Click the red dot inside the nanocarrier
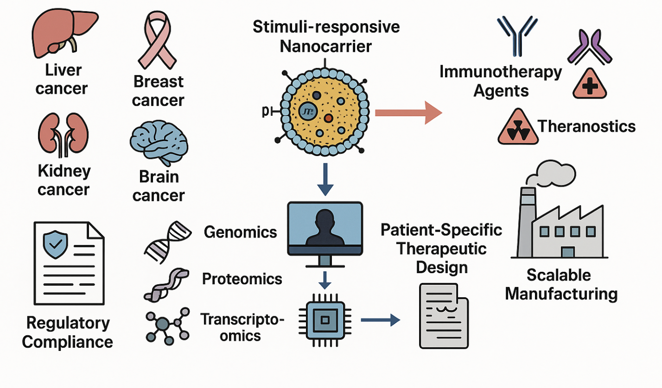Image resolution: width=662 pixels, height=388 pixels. click(327, 119)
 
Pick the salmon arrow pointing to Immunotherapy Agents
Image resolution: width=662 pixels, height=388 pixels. click(408, 113)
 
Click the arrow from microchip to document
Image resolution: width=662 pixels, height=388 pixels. click(380, 319)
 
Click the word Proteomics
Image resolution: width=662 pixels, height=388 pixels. click(242, 279)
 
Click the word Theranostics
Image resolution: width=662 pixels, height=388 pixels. click(586, 125)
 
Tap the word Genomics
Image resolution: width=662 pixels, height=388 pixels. click(240, 232)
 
